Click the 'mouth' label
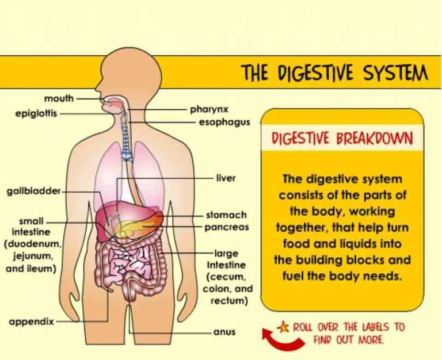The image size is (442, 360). [x=59, y=98]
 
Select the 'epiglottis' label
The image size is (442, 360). [x=36, y=113]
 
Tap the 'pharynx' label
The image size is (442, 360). [x=209, y=109]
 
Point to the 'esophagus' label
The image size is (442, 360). [x=224, y=122]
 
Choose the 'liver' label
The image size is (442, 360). [x=226, y=178]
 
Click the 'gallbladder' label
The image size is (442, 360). [x=34, y=192]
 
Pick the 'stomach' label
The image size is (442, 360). [x=226, y=215]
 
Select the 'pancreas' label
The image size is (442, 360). [x=227, y=227]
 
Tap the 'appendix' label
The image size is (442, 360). [x=31, y=321]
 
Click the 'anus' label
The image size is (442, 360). [x=224, y=332]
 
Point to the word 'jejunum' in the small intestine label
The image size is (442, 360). [x=33, y=256]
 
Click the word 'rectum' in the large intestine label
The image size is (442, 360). [x=230, y=301]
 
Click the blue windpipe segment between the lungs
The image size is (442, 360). [x=127, y=154]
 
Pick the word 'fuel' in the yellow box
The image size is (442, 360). [x=292, y=276]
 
